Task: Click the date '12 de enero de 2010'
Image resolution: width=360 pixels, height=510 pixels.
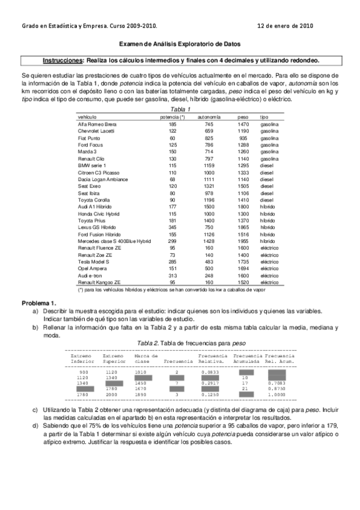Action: coord(284,26)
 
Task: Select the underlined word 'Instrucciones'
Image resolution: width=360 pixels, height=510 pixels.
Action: coord(63,60)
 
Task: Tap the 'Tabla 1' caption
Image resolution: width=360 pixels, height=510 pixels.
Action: coord(181,109)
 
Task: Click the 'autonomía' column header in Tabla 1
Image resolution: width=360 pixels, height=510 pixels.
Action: coord(209,116)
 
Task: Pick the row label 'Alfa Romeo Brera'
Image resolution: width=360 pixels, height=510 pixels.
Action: coord(97,123)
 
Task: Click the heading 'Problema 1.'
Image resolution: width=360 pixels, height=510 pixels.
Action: coord(39,302)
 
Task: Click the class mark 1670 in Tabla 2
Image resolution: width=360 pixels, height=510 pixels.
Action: coord(141,389)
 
